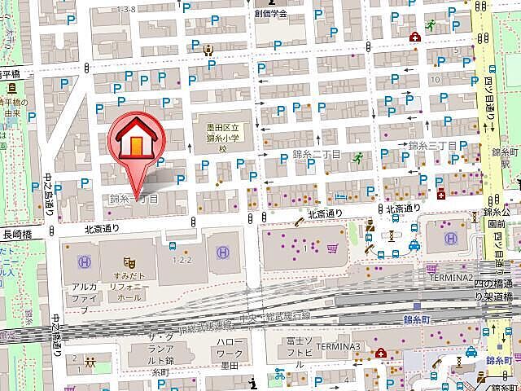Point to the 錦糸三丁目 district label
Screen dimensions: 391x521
[x=432, y=146]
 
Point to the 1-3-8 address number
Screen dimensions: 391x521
[x=126, y=9]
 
